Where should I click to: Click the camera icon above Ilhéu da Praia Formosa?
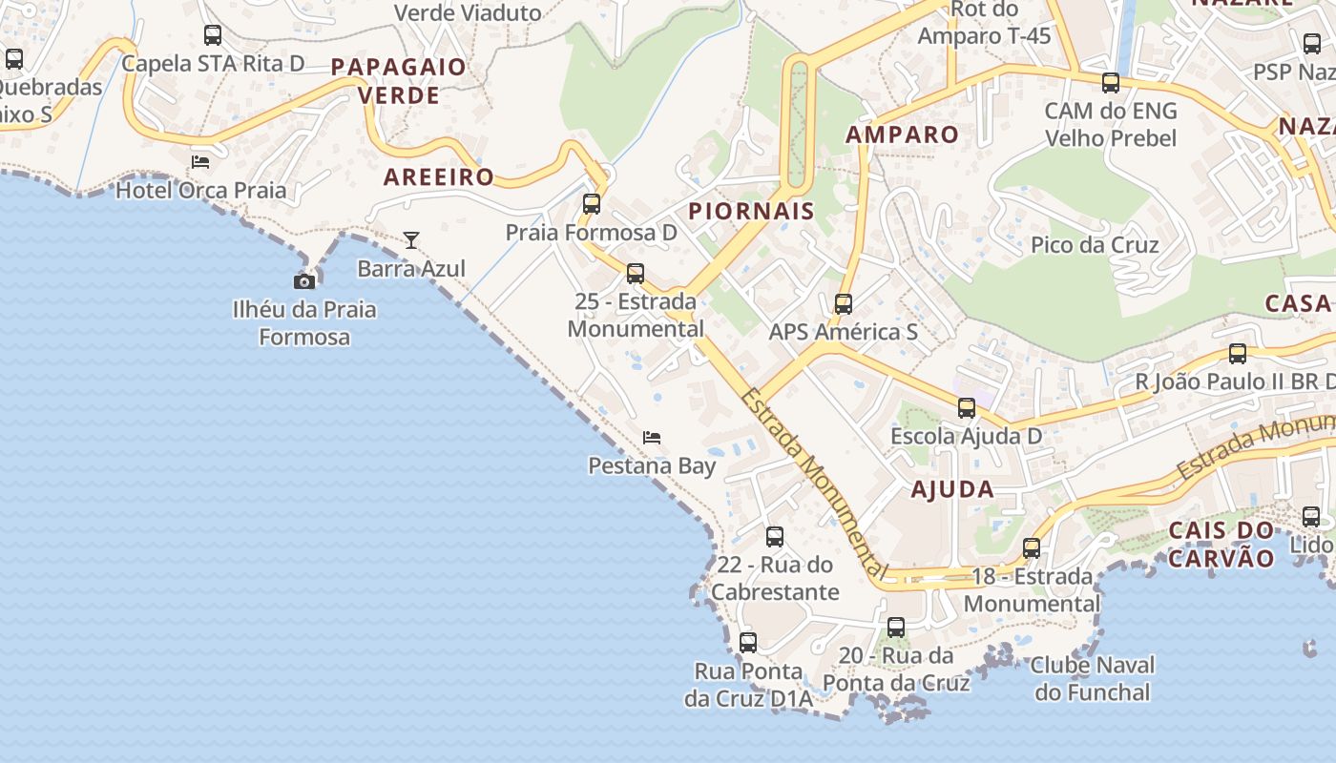click(x=304, y=281)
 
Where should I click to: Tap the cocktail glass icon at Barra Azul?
click(x=411, y=240)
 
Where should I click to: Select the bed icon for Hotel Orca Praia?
click(x=200, y=161)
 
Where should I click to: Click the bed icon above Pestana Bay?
click(x=652, y=438)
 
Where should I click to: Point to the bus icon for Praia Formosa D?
click(x=592, y=203)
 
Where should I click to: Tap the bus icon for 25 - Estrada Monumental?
click(x=636, y=274)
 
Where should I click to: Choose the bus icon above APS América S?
click(x=844, y=304)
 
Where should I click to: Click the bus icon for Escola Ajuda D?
click(x=967, y=408)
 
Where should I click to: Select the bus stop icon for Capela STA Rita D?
click(x=213, y=35)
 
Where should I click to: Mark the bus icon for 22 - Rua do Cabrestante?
click(x=775, y=537)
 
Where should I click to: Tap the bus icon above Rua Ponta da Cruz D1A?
click(x=748, y=643)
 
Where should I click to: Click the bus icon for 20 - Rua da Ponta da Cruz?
click(x=896, y=628)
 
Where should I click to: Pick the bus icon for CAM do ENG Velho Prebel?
click(x=1111, y=83)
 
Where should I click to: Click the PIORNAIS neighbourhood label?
click(x=751, y=211)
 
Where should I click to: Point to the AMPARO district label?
click(x=902, y=134)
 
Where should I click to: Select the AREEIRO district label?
click(x=439, y=176)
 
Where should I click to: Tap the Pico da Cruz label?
click(x=1095, y=245)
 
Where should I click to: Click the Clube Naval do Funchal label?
click(x=1093, y=678)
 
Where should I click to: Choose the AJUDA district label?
click(x=952, y=490)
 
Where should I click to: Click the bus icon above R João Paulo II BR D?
click(x=1238, y=354)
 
